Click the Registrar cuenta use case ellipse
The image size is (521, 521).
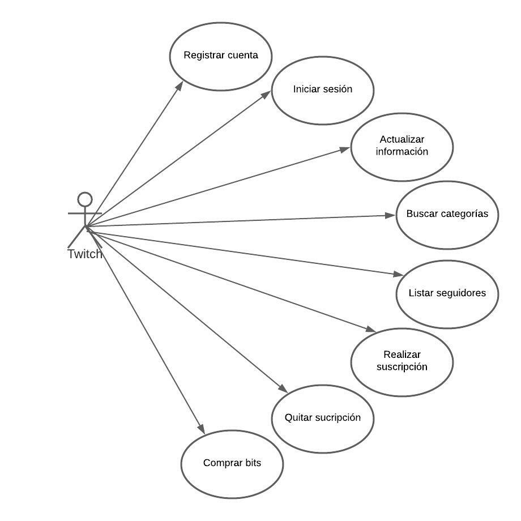[x=221, y=56]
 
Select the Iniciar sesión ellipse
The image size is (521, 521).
[x=322, y=89]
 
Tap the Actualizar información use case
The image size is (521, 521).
[x=402, y=146]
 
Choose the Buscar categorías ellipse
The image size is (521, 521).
[x=447, y=215]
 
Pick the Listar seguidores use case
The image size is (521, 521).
[x=447, y=293]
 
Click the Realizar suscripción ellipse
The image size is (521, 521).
[x=402, y=361]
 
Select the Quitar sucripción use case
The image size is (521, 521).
[x=322, y=418]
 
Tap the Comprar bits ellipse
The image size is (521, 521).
[x=232, y=463]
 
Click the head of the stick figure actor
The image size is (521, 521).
[x=85, y=199]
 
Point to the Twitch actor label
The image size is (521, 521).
[x=85, y=254]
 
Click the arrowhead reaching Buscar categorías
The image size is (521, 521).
[x=390, y=215]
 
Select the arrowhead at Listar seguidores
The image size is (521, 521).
[x=398, y=275]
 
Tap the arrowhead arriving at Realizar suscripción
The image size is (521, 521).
[x=371, y=330]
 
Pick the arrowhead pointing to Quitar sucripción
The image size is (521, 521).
[x=284, y=389]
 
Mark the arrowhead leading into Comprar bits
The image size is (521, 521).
[x=200, y=429]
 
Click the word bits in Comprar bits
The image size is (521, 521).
[x=253, y=463]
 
